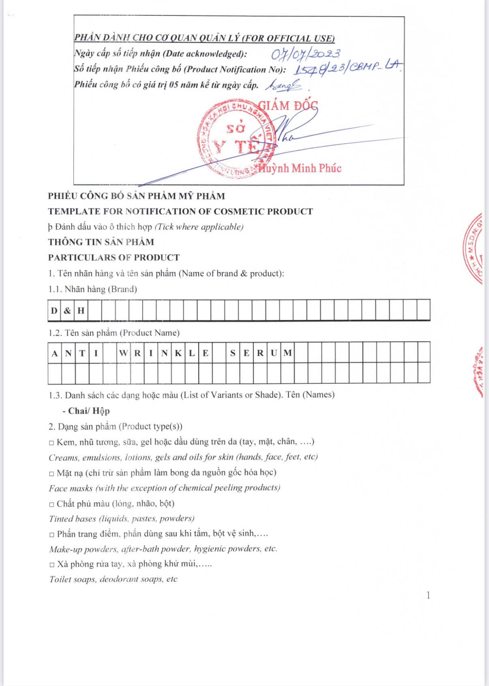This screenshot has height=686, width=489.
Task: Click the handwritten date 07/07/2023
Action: click(x=305, y=54)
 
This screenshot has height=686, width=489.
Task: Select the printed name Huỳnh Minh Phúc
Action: click(x=300, y=168)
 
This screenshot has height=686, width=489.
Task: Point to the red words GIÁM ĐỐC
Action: click(x=288, y=106)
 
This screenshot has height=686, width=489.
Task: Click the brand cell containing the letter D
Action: click(x=54, y=311)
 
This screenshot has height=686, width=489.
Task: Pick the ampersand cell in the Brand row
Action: click(x=67, y=311)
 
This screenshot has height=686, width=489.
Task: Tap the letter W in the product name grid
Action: click(x=123, y=353)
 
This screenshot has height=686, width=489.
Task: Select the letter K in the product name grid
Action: click(x=178, y=353)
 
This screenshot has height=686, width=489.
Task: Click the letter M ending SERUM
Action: click(x=287, y=353)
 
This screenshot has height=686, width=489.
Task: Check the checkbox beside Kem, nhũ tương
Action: click(x=51, y=443)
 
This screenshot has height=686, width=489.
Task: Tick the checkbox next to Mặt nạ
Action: click(x=51, y=474)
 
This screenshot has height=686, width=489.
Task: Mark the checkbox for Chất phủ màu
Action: click(x=51, y=505)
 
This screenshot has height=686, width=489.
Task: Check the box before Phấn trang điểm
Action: click(x=51, y=535)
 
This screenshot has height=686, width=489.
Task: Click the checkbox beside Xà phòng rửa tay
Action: click(x=51, y=565)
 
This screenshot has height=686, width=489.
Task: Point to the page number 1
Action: click(x=428, y=596)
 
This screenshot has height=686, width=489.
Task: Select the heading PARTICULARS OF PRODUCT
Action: click(x=114, y=258)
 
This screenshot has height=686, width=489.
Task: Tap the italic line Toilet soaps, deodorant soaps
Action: click(x=113, y=579)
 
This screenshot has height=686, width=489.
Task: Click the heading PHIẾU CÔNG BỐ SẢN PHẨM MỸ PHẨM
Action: click(x=136, y=196)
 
